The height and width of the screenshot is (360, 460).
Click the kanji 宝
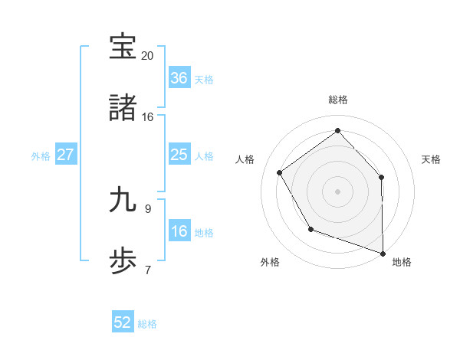pos(123,47)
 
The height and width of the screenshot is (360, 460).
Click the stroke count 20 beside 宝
pos(148,55)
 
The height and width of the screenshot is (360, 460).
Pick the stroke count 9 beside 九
pos(148,208)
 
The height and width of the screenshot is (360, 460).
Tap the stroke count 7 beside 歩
pos(148,270)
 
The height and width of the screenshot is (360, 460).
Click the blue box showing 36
pos(179,78)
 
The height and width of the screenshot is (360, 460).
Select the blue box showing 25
pos(179,155)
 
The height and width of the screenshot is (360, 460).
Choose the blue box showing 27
pos(66,155)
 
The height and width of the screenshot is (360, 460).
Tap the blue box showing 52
pos(123,322)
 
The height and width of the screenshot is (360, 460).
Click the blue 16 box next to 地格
pos(179,231)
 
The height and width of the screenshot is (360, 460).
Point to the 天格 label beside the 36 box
pos(204,79)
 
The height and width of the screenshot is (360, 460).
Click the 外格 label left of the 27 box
pos(41,155)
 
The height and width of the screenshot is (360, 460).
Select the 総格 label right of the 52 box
pos(147,323)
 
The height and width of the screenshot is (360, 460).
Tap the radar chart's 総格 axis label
pos(338,100)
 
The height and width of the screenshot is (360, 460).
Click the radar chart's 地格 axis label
pos(402,262)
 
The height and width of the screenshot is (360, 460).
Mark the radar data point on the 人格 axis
pos(280,172)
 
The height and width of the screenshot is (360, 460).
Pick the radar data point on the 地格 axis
pos(383,252)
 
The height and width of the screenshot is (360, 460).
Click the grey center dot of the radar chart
pos(338,191)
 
